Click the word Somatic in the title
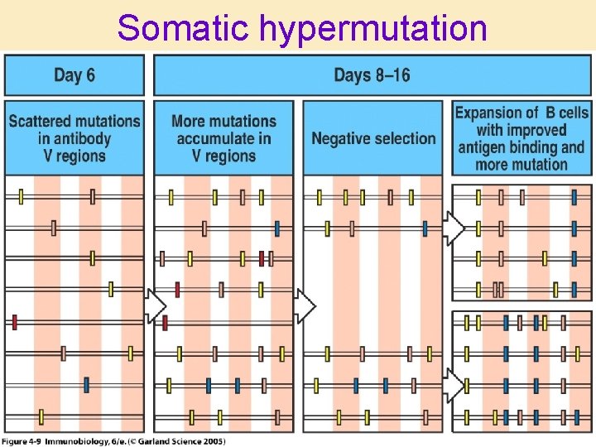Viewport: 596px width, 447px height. [x=183, y=27]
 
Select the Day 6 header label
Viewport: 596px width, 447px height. [x=74, y=75]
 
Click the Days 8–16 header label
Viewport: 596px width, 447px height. [x=372, y=75]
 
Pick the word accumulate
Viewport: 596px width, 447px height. [x=217, y=138]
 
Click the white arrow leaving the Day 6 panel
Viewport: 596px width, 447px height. [x=155, y=306]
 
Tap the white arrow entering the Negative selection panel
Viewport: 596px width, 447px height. [x=305, y=306]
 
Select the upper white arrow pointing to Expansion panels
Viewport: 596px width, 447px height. [x=454, y=229]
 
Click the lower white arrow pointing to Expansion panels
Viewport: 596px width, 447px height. [x=454, y=385]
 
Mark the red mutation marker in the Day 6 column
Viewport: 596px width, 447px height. [x=15, y=322]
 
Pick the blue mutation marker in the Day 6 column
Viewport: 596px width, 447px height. [x=86, y=385]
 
